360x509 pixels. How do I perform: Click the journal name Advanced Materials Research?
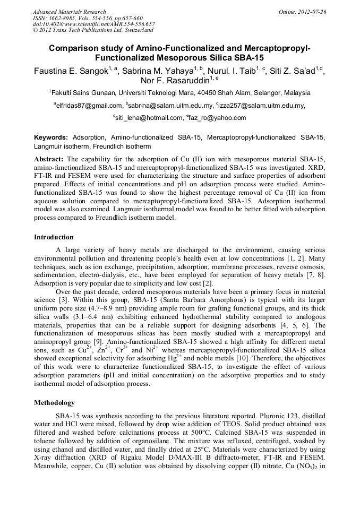pos(69,12)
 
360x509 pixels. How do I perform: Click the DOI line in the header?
pos(93,24)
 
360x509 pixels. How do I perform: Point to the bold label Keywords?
pos(51,137)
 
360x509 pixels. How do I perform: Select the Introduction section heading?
pos(54,237)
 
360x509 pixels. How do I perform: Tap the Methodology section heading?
pos(54,403)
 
